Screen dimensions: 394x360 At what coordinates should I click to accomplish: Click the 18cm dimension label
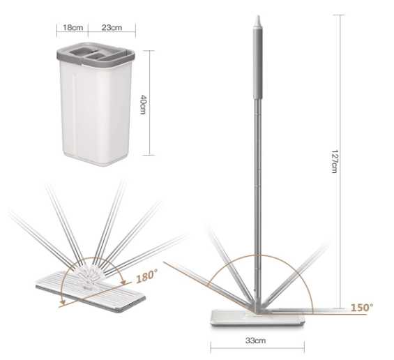click(x=73, y=27)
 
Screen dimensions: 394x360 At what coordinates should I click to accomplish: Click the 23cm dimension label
click(x=112, y=27)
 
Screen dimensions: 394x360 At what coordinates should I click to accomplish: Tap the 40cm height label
click(x=143, y=105)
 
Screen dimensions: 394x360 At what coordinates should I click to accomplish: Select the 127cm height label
click(x=335, y=161)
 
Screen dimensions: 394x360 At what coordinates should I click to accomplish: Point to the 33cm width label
click(x=255, y=340)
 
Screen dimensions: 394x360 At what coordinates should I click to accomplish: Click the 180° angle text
click(x=147, y=276)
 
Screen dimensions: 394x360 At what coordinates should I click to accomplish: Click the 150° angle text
click(x=362, y=307)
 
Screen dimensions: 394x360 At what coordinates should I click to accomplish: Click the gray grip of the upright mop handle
click(x=258, y=63)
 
